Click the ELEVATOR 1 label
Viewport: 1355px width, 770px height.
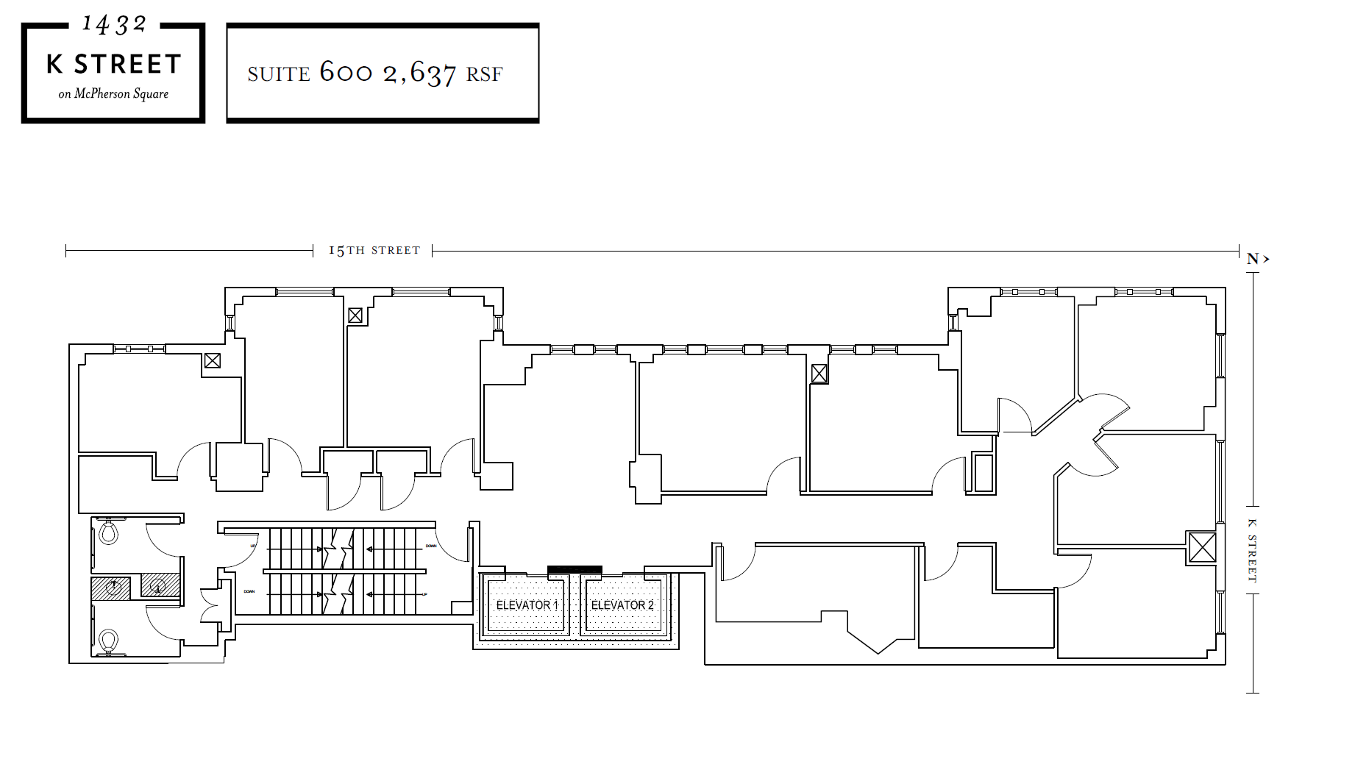(x=527, y=605)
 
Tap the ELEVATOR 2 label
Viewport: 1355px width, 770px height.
(x=622, y=605)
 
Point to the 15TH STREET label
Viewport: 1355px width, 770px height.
(x=374, y=251)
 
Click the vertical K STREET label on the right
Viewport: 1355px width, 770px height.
(x=1251, y=550)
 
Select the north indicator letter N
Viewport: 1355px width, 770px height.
(x=1253, y=259)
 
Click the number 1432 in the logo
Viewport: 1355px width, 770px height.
(x=114, y=24)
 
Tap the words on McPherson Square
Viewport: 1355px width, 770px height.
(x=113, y=94)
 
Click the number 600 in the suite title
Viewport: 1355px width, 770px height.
(x=346, y=72)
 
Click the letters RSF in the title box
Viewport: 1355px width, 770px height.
(x=484, y=74)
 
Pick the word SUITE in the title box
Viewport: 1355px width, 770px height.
(x=279, y=74)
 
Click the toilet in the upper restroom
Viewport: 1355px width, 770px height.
(x=109, y=531)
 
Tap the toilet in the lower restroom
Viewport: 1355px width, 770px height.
(x=109, y=641)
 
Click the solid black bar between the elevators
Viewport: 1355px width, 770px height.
(x=575, y=570)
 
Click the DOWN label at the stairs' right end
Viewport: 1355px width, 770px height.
(x=431, y=546)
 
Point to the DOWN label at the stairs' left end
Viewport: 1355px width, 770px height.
(x=249, y=591)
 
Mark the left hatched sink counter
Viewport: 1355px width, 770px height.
(x=110, y=588)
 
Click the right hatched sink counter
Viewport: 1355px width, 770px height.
(x=160, y=585)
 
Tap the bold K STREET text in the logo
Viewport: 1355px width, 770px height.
(x=113, y=65)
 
